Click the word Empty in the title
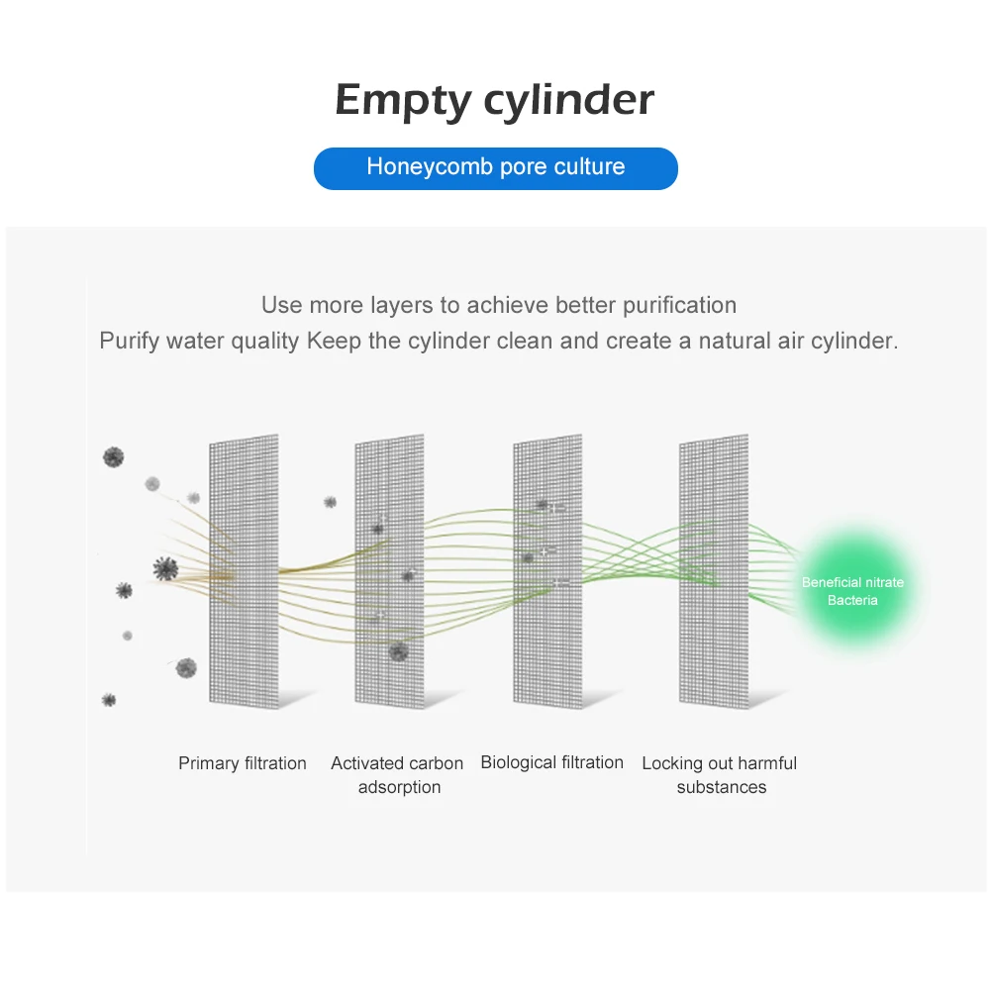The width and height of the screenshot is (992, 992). coord(403,101)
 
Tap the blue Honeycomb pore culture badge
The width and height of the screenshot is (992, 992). coord(495,167)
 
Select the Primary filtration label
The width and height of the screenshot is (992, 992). coord(243,763)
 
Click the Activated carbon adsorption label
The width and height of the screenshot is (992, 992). coord(397,775)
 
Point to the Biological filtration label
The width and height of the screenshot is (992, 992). coord(551,762)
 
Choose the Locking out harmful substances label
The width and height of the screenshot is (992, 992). coord(720,775)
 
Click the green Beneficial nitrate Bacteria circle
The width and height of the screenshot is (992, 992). coord(852,591)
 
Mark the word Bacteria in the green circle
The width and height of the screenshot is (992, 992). coord(852,600)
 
